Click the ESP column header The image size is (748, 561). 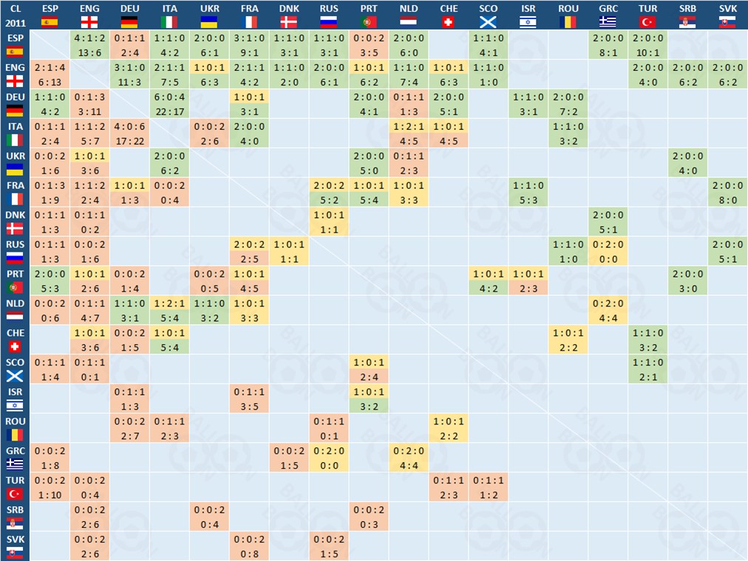point(50,15)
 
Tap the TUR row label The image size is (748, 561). point(15,487)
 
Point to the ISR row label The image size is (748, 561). point(15,399)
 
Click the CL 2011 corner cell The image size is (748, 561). point(15,15)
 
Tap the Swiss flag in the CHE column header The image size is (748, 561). point(449,22)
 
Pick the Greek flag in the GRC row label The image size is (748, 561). point(15,464)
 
